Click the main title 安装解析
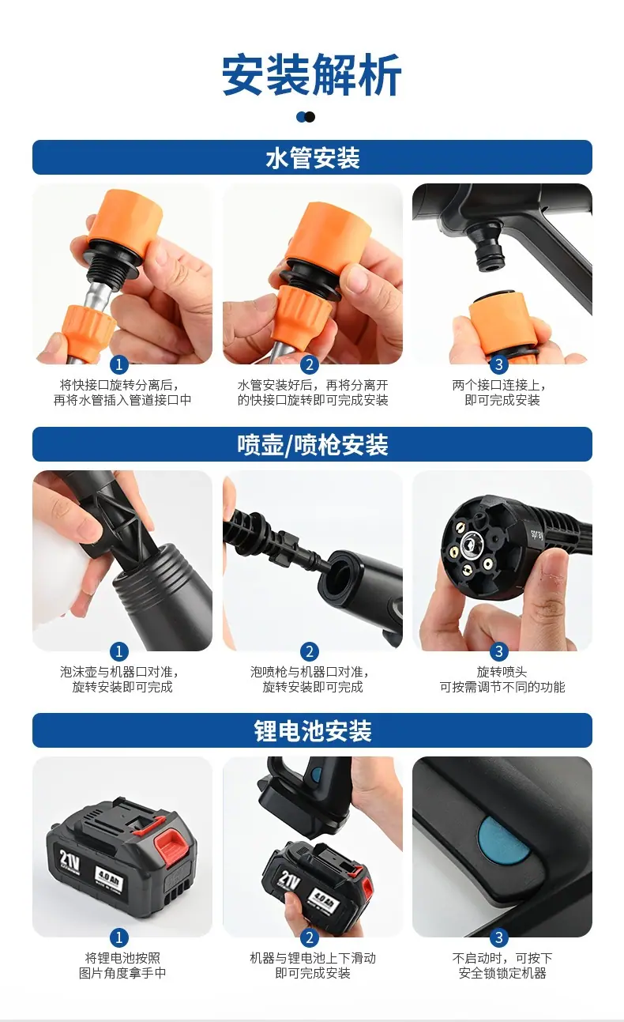(x=312, y=74)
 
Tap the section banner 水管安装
(x=312, y=157)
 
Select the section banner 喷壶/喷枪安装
(x=312, y=444)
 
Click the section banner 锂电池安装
(x=312, y=730)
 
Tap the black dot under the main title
(x=310, y=117)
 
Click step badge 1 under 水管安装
(x=119, y=364)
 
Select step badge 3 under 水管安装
(x=498, y=364)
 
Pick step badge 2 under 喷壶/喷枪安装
(x=310, y=651)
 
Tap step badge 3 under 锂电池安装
(x=498, y=937)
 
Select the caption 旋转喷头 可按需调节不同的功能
(x=502, y=679)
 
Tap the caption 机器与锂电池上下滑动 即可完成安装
(x=313, y=965)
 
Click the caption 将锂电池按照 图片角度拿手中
(x=122, y=965)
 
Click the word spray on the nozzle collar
(x=536, y=534)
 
